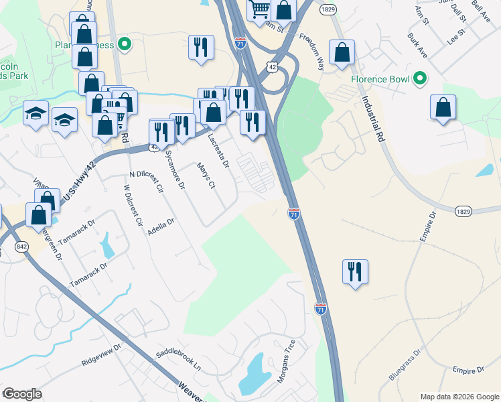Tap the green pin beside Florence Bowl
(x=420, y=78)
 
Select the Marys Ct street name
(x=205, y=176)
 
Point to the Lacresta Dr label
(x=219, y=150)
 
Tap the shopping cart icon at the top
(x=259, y=10)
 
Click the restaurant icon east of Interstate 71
(x=354, y=271)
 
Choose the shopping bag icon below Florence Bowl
(x=443, y=107)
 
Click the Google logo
(x=22, y=394)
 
